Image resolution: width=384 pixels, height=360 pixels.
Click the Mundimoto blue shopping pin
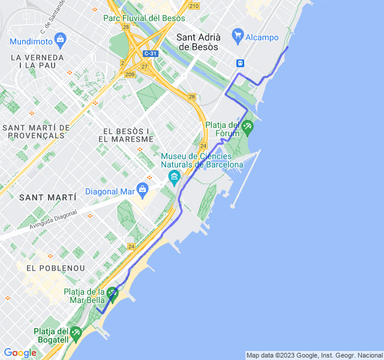(59, 40)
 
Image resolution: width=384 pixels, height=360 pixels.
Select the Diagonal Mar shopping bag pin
(142, 190)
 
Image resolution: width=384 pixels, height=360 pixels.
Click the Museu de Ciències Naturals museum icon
(175, 176)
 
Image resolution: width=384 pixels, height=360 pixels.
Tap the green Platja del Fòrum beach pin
(247, 127)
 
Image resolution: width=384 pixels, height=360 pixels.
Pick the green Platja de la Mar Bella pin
(112, 294)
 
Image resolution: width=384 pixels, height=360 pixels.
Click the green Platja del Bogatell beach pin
(75, 333)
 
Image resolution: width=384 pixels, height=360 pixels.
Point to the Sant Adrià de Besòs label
(199, 41)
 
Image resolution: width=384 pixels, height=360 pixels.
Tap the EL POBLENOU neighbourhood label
(56, 268)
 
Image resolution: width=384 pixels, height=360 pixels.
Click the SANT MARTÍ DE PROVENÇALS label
(37, 131)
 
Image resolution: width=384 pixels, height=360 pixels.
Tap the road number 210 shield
(193, 6)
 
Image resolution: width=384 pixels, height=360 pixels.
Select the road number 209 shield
(130, 74)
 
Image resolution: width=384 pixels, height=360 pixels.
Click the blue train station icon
(241, 62)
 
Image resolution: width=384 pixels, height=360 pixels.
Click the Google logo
(20, 353)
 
